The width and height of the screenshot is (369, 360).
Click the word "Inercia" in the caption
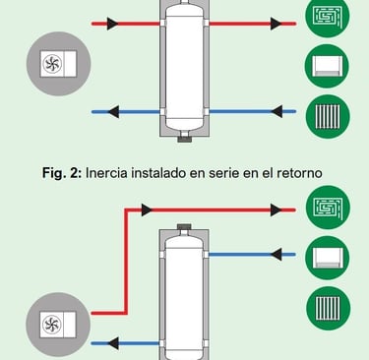tap(106, 173)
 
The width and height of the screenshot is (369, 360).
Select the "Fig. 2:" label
tap(62, 173)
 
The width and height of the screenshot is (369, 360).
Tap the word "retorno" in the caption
tap(299, 173)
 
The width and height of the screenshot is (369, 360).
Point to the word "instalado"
tap(159, 173)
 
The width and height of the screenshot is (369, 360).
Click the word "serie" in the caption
tap(225, 173)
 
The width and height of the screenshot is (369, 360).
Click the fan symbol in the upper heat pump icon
tap(52, 64)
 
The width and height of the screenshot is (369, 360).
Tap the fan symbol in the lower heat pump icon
tap(52, 325)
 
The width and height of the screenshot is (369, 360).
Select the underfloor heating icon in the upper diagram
tap(328, 16)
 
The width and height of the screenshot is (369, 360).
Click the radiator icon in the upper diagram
tap(328, 117)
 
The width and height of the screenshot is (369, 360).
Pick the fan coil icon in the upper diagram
tap(328, 66)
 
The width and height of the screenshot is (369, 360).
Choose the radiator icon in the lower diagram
tap(328, 309)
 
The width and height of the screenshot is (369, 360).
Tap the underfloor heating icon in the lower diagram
tap(328, 208)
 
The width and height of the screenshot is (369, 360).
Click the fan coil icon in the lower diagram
tap(328, 258)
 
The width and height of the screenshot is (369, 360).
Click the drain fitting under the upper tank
tap(184, 139)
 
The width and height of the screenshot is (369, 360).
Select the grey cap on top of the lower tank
tap(184, 227)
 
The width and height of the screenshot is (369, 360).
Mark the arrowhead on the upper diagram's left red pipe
tap(112, 24)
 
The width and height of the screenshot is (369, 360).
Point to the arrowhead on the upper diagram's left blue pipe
tap(113, 112)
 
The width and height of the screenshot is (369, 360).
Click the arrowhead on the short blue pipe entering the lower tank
tap(277, 255)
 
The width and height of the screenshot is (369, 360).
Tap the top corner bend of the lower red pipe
tap(126, 210)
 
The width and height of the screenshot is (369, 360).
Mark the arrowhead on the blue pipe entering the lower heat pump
tap(113, 343)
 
